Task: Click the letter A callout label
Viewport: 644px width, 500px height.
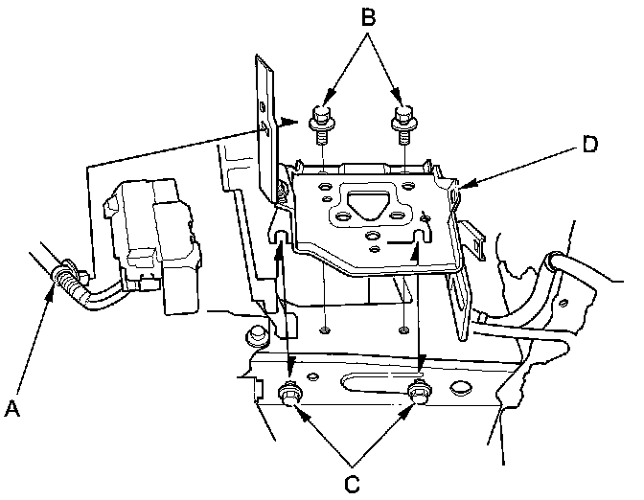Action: click(x=12, y=410)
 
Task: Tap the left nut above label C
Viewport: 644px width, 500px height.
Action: click(x=288, y=393)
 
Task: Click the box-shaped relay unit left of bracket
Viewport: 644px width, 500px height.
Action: click(x=153, y=244)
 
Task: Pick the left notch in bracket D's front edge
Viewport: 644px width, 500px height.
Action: click(x=282, y=235)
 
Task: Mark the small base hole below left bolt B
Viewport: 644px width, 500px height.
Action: click(x=327, y=330)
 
